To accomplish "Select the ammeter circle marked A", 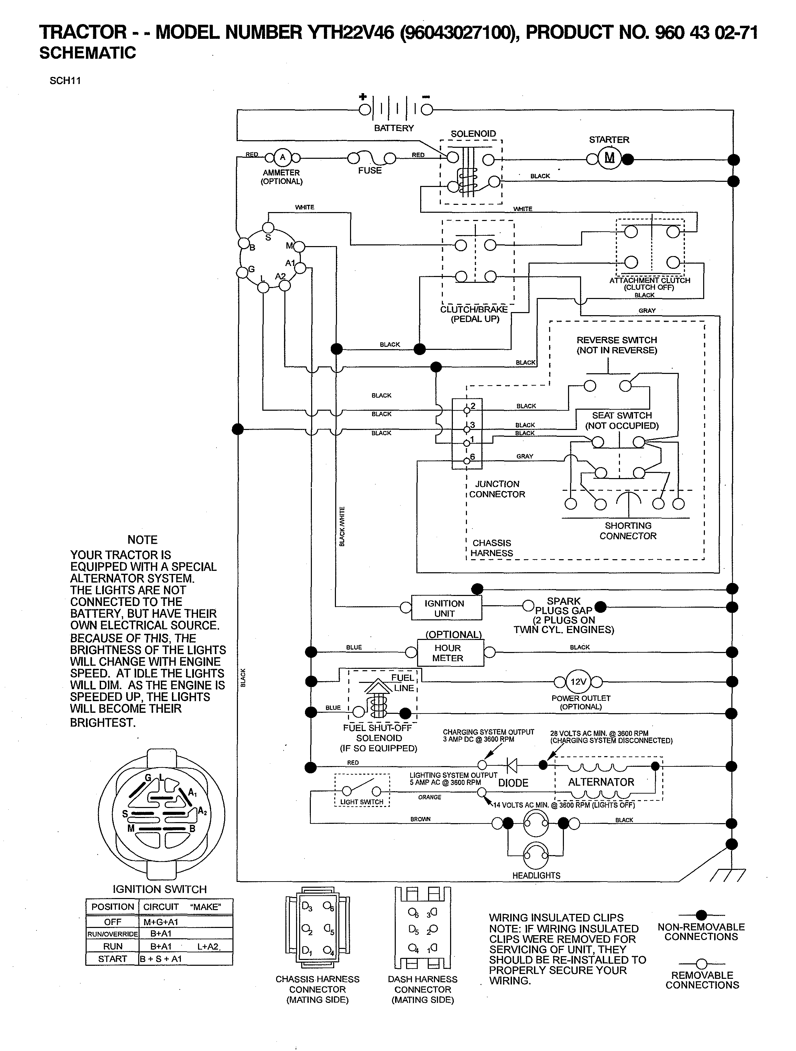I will click(282, 157).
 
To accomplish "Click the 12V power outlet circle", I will click(578, 681).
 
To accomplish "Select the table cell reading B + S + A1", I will click(161, 958).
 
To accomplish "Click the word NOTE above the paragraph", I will click(142, 540).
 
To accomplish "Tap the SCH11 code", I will click(65, 80).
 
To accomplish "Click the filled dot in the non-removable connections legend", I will click(701, 915).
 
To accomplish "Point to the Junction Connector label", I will click(497, 489).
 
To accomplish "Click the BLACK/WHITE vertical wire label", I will click(342, 527).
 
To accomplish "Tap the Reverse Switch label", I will click(617, 345).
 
